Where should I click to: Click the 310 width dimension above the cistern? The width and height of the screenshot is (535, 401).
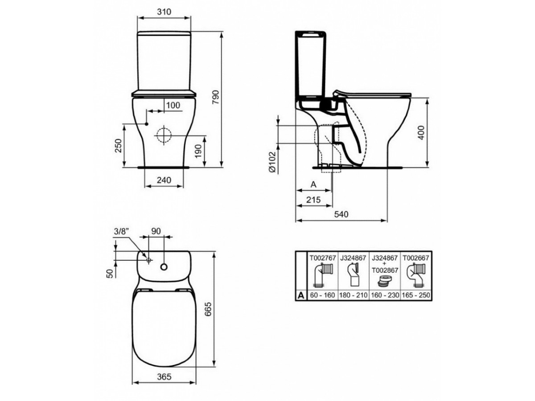click(164, 12)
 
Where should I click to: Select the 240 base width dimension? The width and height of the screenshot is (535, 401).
click(164, 180)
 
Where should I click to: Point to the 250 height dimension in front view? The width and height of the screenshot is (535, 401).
click(118, 146)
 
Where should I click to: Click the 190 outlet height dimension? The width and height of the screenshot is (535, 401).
click(198, 151)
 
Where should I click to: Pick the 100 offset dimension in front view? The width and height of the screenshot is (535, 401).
click(173, 106)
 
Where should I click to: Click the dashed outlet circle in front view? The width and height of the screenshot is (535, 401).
click(164, 135)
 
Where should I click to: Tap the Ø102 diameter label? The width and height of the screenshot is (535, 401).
click(272, 162)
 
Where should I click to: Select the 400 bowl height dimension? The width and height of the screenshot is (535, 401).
click(421, 132)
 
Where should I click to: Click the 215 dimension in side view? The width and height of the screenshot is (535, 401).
click(313, 200)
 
